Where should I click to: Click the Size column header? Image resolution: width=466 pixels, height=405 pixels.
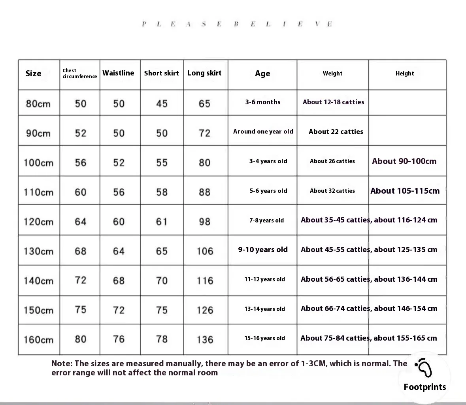pos(33,73)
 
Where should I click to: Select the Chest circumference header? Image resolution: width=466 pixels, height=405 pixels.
pos(79,73)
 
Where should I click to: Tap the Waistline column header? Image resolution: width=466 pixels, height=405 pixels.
pos(118,73)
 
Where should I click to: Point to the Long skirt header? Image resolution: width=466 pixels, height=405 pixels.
pos(204,73)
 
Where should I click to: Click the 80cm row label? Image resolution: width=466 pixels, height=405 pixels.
pos(38,104)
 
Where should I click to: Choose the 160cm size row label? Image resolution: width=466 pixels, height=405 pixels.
pos(38,339)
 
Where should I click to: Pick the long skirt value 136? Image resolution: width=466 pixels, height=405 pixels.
pos(205,339)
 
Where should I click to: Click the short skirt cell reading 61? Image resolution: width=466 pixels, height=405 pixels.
pos(162,222)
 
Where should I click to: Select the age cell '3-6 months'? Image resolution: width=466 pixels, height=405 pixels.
pos(262,102)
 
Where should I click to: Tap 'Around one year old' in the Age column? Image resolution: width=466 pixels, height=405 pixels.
pos(263,132)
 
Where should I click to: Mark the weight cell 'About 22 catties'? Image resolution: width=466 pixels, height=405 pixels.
pos(336,132)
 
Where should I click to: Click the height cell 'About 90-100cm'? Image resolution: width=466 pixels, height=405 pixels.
pos(404,161)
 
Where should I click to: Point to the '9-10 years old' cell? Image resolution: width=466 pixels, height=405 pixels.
pos(262,250)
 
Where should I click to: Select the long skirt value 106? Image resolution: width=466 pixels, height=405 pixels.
pos(205,251)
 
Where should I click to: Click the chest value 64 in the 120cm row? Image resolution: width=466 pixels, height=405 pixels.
pos(80,222)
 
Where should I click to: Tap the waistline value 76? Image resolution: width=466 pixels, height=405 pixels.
pos(119,339)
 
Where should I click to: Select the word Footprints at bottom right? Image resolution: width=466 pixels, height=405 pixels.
pos(424,387)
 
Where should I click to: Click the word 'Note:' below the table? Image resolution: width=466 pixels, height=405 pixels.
pos(62,364)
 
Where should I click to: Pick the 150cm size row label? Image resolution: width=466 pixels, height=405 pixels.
pos(38,310)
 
